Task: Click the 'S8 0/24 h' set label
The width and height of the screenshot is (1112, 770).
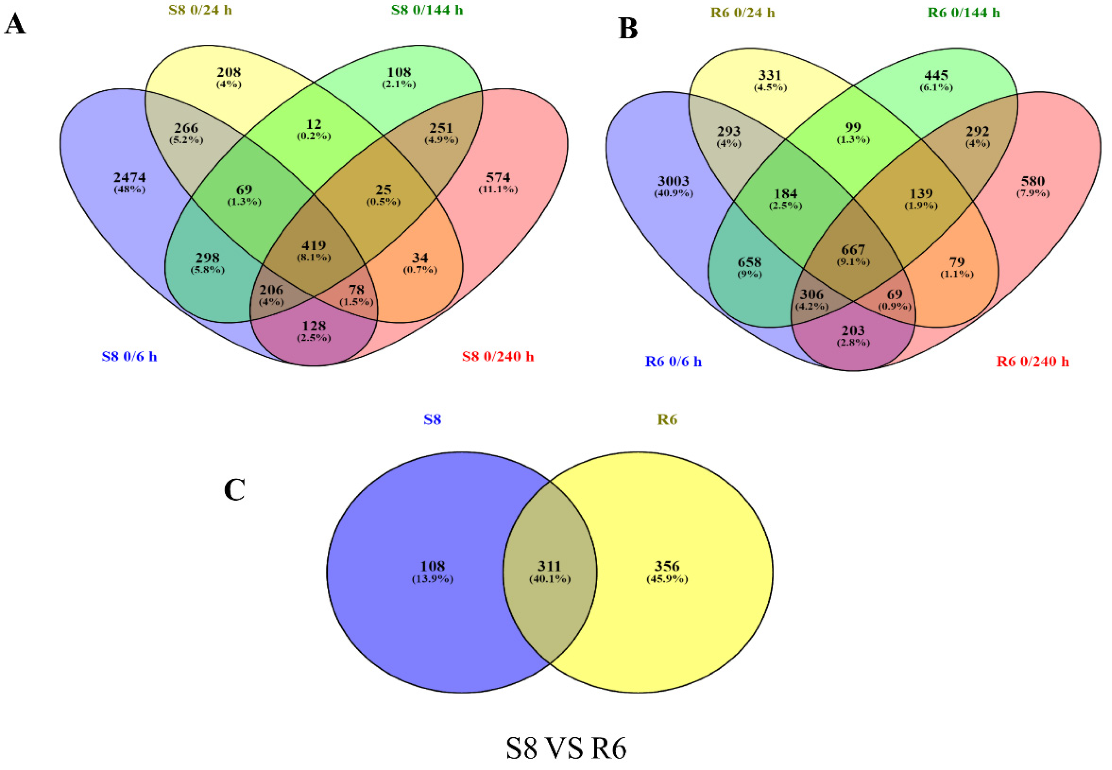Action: pos(200,10)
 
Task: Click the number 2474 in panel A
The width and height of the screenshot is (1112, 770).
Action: pos(129,178)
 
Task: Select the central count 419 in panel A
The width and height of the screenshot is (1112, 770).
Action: pos(314,245)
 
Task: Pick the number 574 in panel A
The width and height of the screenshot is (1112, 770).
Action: pos(498,178)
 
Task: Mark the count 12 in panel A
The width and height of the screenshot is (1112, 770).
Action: pos(314,124)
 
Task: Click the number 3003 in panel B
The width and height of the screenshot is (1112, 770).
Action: pos(673,181)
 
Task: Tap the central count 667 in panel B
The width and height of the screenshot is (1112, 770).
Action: pos(853,250)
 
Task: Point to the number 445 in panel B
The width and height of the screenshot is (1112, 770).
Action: pos(936,75)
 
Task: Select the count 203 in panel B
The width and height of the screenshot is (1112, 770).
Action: pos(853,330)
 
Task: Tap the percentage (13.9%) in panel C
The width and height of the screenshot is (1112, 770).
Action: pos(433,579)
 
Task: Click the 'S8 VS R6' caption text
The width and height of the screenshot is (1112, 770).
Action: pos(566,748)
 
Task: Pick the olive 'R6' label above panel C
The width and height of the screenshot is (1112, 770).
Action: pos(667,419)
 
